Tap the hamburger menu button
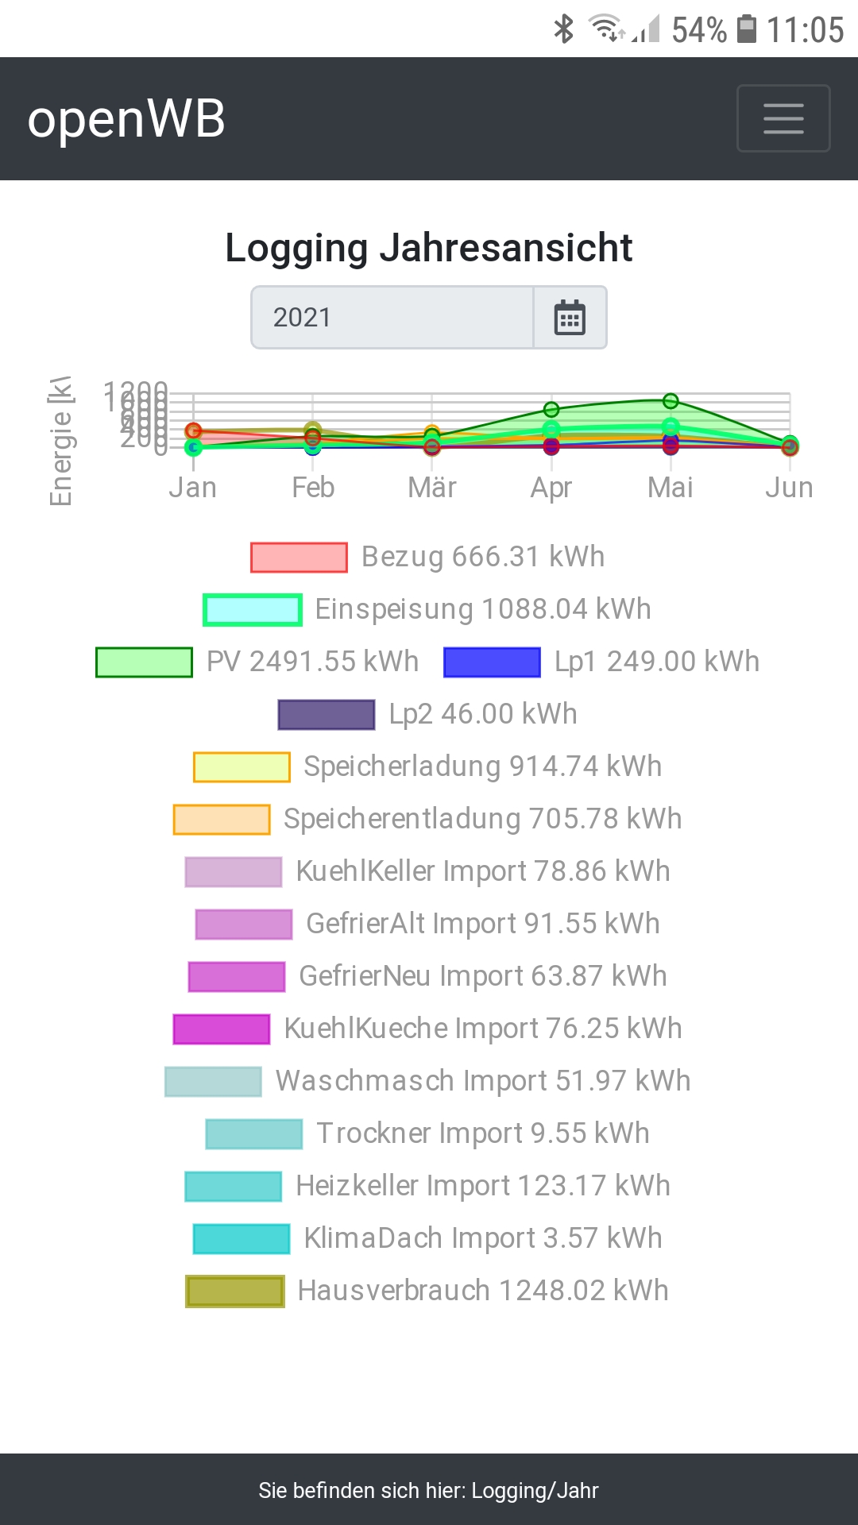click(783, 118)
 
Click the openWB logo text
click(126, 119)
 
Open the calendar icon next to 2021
click(570, 318)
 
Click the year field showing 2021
click(392, 318)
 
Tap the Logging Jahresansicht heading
click(429, 248)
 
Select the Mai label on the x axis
click(670, 487)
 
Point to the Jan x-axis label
click(193, 487)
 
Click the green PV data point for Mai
click(671, 400)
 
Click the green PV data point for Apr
click(551, 410)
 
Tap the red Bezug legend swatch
click(299, 558)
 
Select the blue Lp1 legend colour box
click(492, 662)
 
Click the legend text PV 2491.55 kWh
click(312, 662)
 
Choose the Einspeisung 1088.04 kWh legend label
click(483, 609)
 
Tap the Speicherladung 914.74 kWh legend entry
click(482, 766)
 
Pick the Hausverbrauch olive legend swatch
click(235, 1291)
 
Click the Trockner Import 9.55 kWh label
click(483, 1133)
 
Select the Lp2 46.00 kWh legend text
click(483, 714)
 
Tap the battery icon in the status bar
click(747, 29)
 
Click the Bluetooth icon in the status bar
click(563, 29)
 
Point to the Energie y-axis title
click(61, 441)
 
